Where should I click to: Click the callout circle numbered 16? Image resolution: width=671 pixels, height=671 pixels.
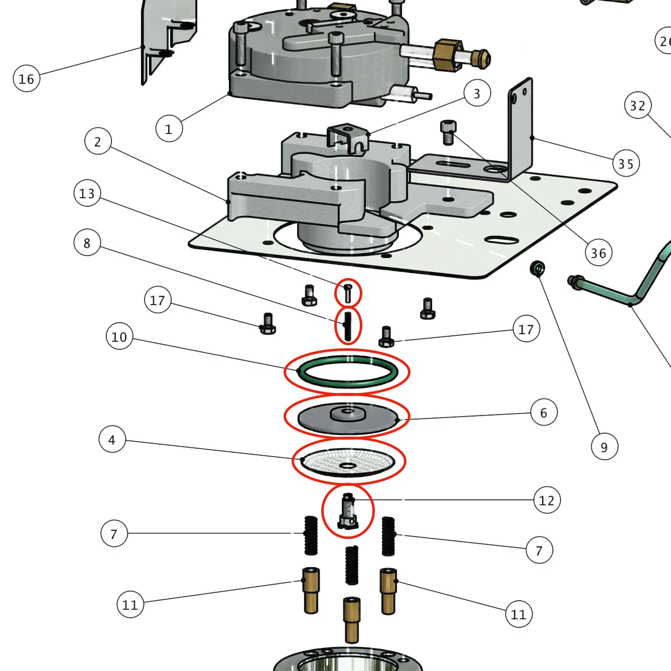(26, 79)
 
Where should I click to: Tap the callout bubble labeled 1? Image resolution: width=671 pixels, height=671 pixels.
(169, 128)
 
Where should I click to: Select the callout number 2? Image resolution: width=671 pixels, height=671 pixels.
(97, 142)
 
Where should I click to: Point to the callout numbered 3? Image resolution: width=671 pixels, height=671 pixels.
(476, 93)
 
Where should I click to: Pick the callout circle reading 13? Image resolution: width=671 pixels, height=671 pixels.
(87, 193)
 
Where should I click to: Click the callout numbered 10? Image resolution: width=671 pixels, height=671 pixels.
(119, 336)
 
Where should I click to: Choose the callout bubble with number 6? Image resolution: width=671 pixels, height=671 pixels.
(544, 413)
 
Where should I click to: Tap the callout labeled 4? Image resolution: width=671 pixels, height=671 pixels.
(112, 440)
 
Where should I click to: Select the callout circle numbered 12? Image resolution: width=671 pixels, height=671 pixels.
(547, 500)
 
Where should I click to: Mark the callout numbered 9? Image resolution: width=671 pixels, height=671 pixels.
(604, 447)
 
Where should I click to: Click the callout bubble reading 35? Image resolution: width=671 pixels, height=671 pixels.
(626, 164)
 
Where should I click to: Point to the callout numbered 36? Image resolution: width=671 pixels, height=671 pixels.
(598, 253)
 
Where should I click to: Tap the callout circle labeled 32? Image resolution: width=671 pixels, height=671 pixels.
(637, 105)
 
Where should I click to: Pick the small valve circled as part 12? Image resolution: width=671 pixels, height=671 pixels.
(348, 511)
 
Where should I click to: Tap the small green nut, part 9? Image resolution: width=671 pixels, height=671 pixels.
(538, 268)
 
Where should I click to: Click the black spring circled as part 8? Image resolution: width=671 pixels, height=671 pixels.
(348, 325)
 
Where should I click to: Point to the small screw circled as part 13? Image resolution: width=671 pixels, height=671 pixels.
(348, 293)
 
